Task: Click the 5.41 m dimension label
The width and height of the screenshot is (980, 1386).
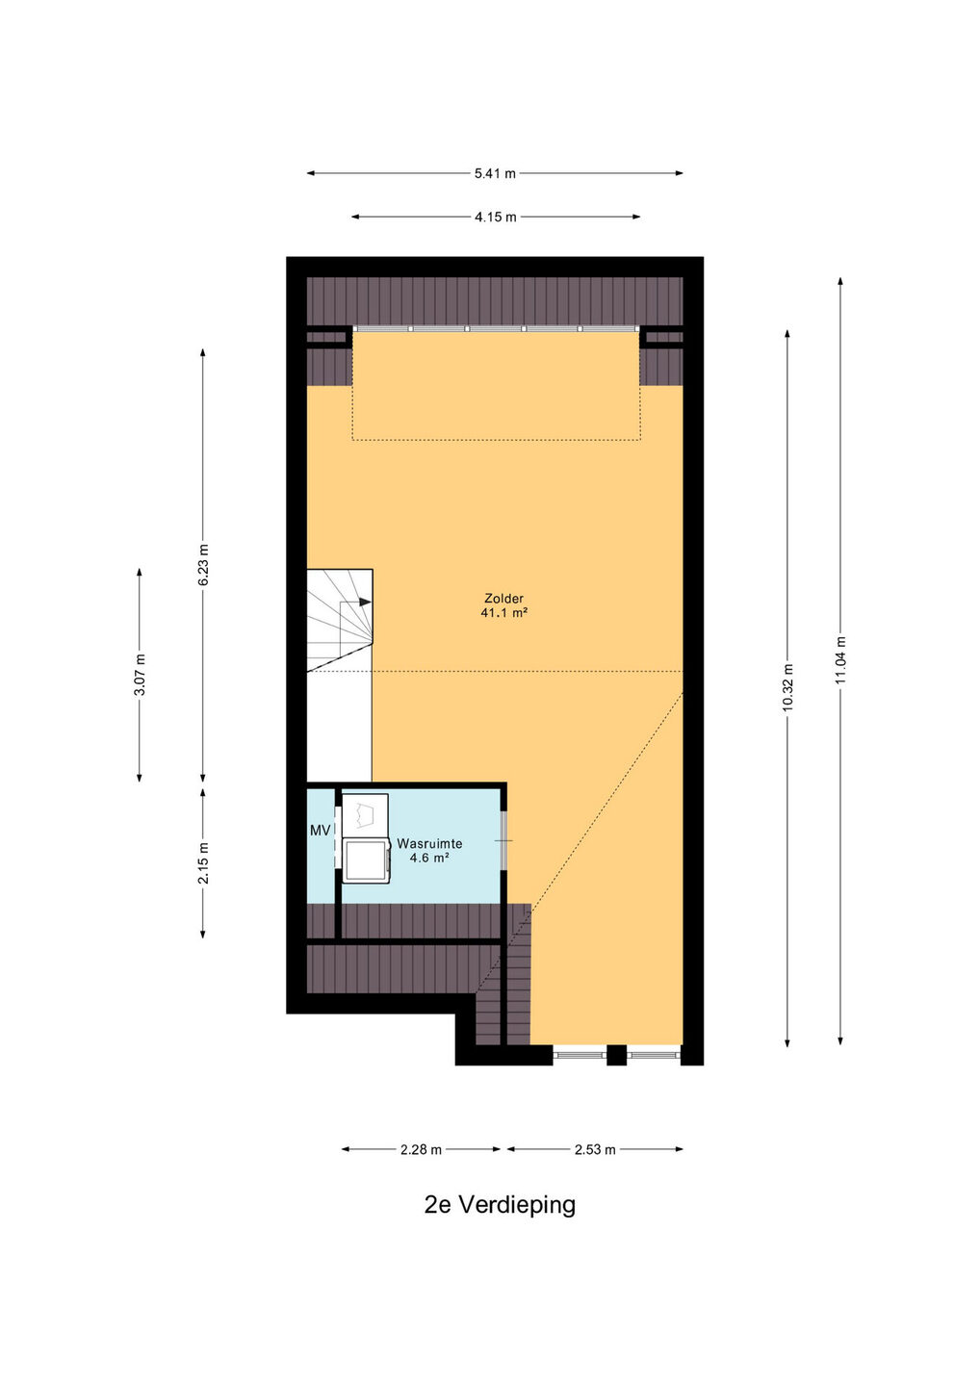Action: pos(495,174)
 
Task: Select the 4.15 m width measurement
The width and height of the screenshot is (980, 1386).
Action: pos(496,218)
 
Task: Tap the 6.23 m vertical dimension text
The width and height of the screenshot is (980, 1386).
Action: pos(203,564)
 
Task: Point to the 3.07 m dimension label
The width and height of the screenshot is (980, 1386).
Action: pos(140,675)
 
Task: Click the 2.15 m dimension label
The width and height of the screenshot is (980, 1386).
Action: pos(203,862)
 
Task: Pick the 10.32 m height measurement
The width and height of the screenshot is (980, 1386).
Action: pos(787,687)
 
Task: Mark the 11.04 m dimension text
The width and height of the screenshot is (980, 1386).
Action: pos(840,660)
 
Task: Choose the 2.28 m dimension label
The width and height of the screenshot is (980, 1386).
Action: pos(421,1149)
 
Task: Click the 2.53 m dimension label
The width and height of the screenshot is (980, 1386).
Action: pos(595,1149)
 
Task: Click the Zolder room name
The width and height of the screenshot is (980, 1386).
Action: pos(503,599)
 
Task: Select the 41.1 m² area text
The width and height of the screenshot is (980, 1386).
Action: pos(503,613)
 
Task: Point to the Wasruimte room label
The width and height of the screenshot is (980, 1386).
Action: pos(429,843)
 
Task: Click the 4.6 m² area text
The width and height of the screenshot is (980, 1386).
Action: pos(429,858)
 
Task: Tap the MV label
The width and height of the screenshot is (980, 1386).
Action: pos(320,831)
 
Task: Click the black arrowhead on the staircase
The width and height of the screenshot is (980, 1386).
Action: pos(365,602)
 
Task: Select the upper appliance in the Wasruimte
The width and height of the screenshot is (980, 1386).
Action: pos(365,815)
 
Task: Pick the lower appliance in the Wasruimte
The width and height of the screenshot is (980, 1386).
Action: pos(366,860)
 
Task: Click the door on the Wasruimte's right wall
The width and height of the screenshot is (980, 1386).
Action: pos(504,840)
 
